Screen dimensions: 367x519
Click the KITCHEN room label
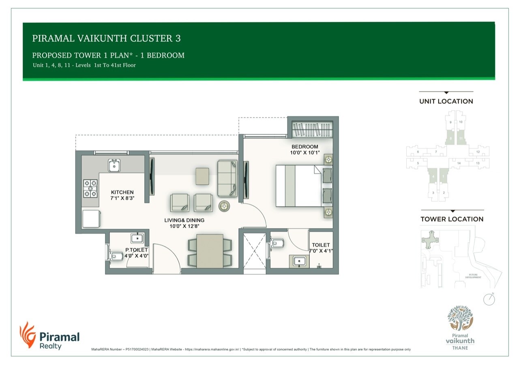pos(122,192)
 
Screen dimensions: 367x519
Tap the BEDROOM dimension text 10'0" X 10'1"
pos(305,153)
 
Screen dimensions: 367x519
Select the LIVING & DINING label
pos(184,220)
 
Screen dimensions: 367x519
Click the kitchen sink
pos(114,165)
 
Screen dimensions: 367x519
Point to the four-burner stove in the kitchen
pos(91,189)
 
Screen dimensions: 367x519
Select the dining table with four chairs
pos(209,251)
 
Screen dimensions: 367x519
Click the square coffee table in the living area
pos(202,176)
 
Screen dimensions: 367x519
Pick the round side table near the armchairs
pos(224,206)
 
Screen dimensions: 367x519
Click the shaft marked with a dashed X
pos(254,250)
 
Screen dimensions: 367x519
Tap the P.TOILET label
pos(136,250)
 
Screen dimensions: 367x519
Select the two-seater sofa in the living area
pos(227,178)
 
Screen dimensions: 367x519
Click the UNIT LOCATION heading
pos(446,101)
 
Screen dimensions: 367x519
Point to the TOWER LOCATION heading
pos(452,219)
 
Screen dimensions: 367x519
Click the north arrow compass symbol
pos(489,299)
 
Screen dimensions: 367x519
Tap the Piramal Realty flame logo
pos(27,335)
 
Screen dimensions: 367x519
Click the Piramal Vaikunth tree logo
pos(460,319)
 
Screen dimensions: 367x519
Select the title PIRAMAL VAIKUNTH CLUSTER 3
pos(106,39)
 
